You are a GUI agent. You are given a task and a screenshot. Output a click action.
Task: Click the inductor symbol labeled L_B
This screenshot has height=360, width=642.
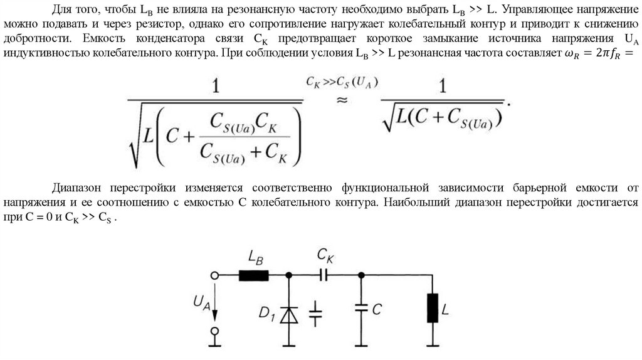click(254, 275)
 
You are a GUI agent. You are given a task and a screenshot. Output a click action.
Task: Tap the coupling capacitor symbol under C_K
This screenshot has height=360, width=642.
click(324, 275)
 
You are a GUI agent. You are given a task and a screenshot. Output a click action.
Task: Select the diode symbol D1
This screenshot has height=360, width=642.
click(289, 314)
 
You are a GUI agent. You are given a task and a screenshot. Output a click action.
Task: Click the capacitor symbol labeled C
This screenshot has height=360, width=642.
click(361, 309)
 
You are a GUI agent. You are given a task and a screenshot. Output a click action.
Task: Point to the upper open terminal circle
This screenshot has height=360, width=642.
click(214, 275)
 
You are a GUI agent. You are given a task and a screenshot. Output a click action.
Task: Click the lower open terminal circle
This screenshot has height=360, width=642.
click(214, 331)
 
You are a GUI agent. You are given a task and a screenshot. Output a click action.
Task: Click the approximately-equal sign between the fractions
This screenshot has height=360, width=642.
click(342, 100)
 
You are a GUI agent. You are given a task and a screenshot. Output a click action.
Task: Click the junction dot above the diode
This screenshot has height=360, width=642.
click(289, 275)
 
